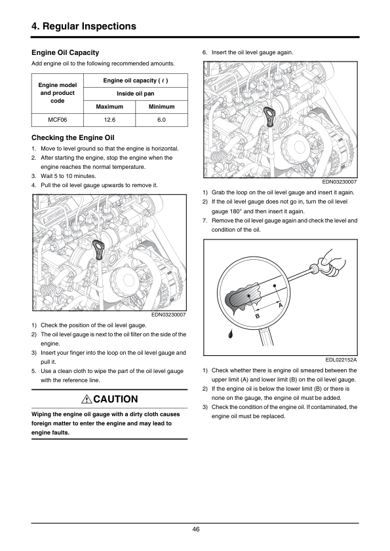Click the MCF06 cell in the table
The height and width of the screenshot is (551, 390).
[58, 120]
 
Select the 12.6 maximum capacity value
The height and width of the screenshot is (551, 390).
[109, 120]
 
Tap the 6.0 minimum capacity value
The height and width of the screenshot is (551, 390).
[161, 120]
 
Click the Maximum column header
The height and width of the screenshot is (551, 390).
[109, 107]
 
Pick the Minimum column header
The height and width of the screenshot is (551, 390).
[161, 107]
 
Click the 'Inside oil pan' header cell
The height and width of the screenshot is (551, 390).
[136, 94]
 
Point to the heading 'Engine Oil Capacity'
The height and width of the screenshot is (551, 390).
[65, 53]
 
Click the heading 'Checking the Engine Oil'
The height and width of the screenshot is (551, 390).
[73, 137]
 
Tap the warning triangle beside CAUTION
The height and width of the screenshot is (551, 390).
[87, 399]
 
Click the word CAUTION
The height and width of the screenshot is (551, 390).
[116, 399]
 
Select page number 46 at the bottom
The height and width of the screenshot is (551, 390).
[196, 529]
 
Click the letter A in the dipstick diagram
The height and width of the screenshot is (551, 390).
[281, 306]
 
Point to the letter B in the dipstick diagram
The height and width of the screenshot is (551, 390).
[258, 316]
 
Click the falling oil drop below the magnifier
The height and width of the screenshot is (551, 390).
[231, 334]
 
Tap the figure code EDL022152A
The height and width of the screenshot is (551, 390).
[341, 360]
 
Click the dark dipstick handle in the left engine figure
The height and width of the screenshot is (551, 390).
[98, 249]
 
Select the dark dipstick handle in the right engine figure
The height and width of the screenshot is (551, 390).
[269, 116]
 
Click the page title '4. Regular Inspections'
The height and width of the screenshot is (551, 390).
[84, 26]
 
